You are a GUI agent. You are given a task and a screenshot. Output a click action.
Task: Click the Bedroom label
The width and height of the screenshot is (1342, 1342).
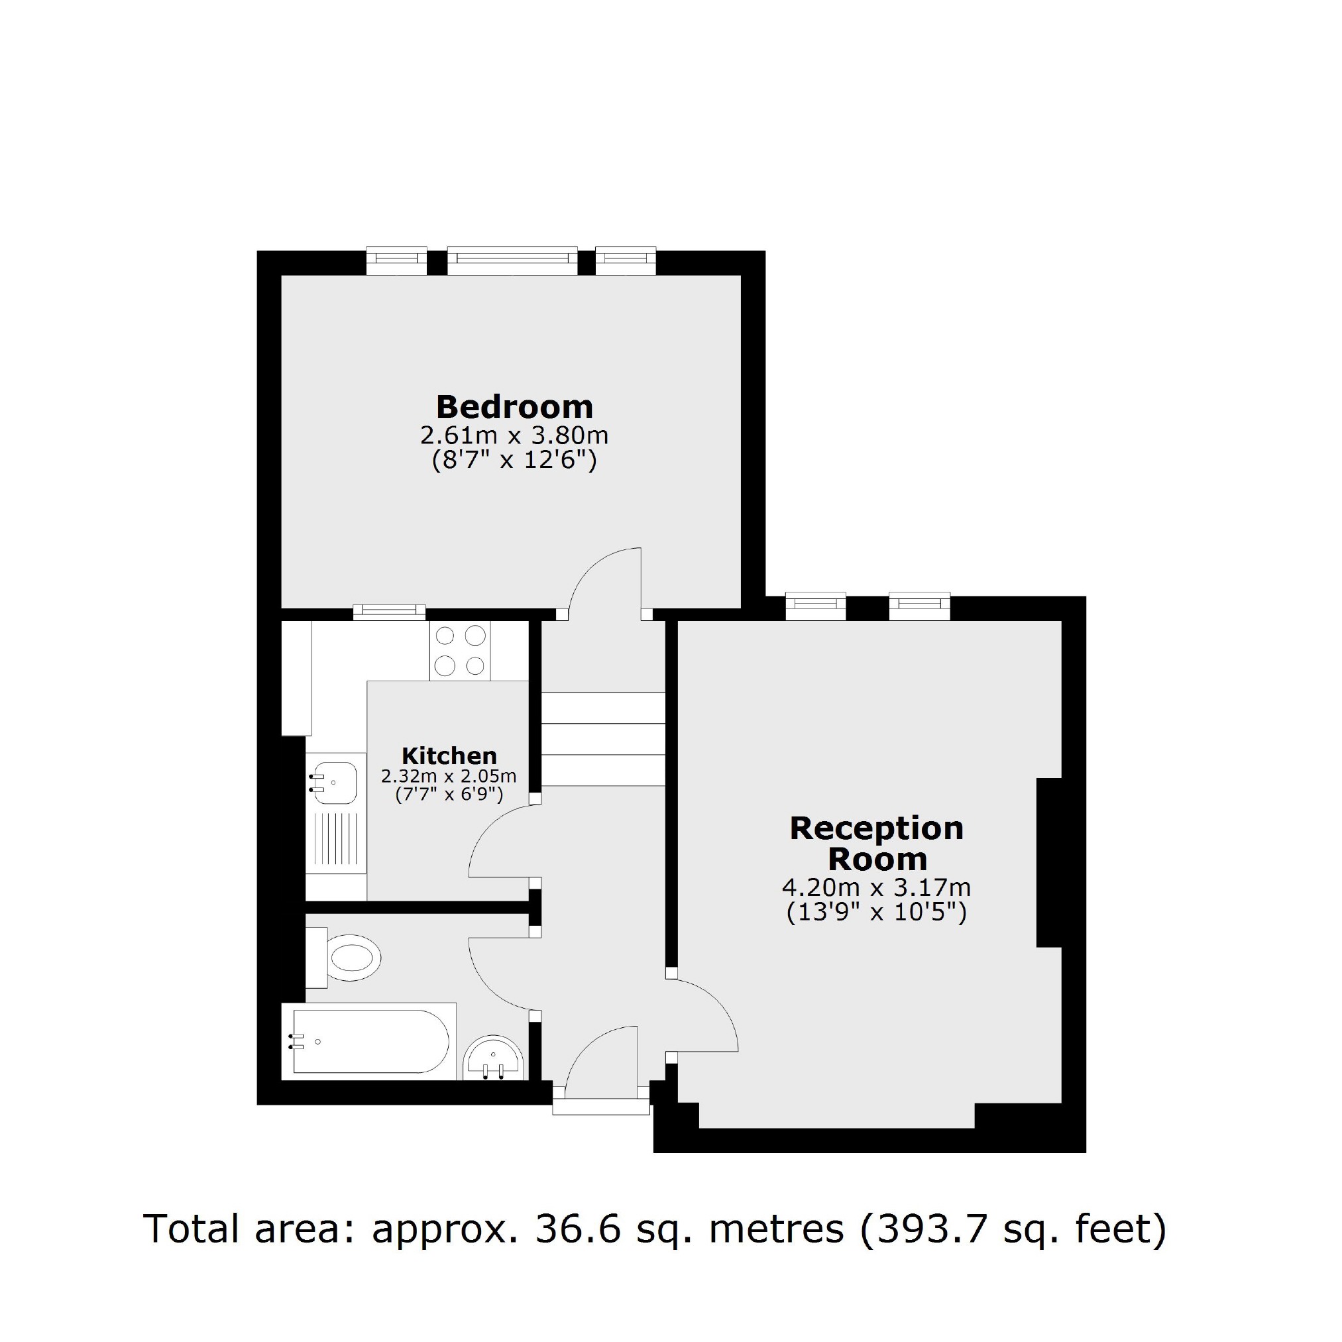click(x=514, y=407)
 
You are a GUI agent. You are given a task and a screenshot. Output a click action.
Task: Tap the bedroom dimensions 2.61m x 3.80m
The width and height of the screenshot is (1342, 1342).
click(x=514, y=435)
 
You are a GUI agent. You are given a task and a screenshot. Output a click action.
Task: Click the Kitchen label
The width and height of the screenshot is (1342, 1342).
click(x=449, y=755)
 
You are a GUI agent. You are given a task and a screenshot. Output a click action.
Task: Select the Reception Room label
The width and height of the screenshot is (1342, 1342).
click(x=877, y=843)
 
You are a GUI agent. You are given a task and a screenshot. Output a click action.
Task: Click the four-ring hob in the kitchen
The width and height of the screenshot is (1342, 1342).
click(x=460, y=651)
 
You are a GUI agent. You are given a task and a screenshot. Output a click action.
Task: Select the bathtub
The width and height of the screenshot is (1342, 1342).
click(x=370, y=1042)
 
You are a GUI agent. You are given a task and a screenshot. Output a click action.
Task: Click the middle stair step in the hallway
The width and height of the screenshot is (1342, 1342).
click(x=603, y=739)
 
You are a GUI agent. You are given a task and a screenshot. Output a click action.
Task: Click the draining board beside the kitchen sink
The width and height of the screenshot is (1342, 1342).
click(x=336, y=841)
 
